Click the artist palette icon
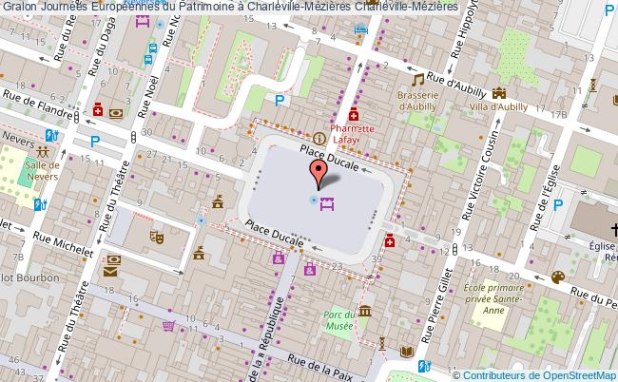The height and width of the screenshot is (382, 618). click(x=558, y=277)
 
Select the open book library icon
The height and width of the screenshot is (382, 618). click(x=407, y=353)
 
